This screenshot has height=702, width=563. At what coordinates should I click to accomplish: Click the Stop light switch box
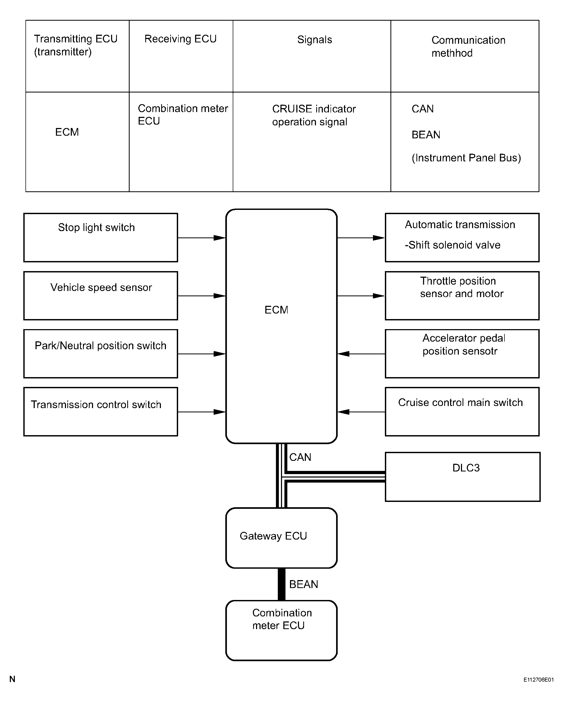[x=101, y=237]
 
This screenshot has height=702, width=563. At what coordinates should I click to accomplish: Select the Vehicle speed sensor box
[x=101, y=296]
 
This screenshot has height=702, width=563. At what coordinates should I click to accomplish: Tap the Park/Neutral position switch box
[x=101, y=354]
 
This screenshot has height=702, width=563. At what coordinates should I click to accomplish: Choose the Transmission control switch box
[x=101, y=412]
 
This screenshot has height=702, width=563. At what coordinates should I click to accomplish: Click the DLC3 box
[x=463, y=477]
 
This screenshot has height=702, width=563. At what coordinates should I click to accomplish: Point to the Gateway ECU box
[x=281, y=538]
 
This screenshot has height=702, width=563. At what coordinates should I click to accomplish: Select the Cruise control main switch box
[x=462, y=412]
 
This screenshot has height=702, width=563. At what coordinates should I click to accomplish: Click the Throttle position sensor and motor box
[x=462, y=296]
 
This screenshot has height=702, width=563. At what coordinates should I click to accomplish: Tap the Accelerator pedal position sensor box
[x=462, y=354]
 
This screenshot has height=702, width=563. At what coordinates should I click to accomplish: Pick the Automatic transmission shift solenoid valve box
[x=462, y=237]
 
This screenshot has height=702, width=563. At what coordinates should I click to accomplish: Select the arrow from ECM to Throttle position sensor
[x=361, y=296]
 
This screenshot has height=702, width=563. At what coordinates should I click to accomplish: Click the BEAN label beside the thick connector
[x=304, y=584]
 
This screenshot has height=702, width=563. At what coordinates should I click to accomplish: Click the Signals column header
[x=315, y=40]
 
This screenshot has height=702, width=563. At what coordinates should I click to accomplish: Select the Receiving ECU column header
[x=181, y=39]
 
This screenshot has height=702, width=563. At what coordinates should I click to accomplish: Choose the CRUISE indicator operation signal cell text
[x=314, y=115]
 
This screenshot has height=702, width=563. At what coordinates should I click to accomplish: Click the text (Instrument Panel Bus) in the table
[x=466, y=158]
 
